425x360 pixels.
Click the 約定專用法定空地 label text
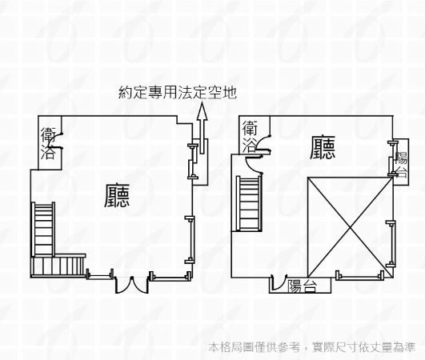click(x=178, y=93)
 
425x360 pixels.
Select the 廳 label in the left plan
click(x=117, y=195)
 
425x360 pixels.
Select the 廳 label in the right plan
click(x=323, y=147)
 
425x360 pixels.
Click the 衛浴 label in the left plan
click(x=48, y=143)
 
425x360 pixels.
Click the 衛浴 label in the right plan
click(x=250, y=136)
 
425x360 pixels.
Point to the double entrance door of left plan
click(x=132, y=285)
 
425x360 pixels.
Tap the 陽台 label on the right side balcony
click(x=401, y=165)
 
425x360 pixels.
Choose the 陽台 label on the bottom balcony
click(x=302, y=286)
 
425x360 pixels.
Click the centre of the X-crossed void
click(x=351, y=227)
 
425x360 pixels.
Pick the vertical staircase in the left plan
click(x=43, y=229)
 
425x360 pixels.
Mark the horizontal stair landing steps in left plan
click(x=58, y=266)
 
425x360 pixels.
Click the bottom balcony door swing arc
click(x=279, y=282)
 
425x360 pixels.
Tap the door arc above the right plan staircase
click(x=253, y=164)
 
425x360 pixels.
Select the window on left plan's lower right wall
click(x=190, y=240)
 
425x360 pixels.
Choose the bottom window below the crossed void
click(x=360, y=276)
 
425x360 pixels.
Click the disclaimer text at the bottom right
click(x=312, y=347)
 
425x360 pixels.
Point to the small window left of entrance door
click(x=99, y=274)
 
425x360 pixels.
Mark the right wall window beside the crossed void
click(x=391, y=244)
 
